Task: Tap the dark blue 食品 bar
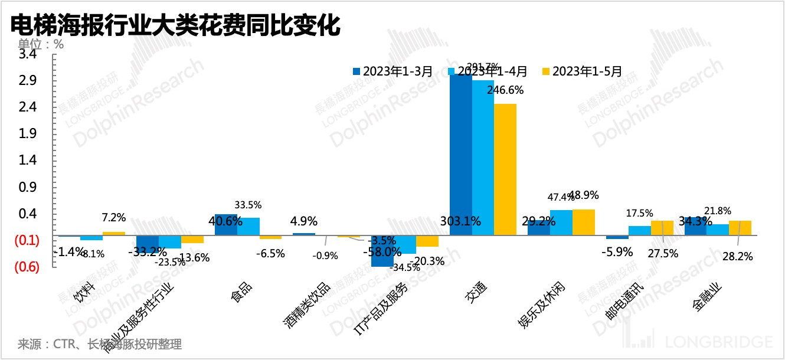click(x=225, y=225)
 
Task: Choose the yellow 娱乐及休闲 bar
click(x=584, y=222)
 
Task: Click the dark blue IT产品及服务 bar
click(x=382, y=251)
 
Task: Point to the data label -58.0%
click(x=374, y=252)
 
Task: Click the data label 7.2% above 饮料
click(x=113, y=218)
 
